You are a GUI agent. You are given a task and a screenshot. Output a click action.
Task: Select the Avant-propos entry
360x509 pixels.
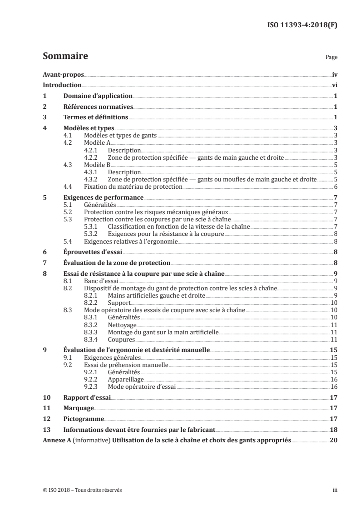point(63,74)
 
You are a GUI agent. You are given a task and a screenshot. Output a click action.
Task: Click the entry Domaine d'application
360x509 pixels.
point(98,96)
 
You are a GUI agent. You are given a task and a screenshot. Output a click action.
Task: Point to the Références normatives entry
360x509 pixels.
point(98,107)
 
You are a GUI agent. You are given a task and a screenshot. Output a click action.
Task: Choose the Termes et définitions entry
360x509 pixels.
point(95,118)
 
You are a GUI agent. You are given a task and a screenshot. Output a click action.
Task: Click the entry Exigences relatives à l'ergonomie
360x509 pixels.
point(131,241)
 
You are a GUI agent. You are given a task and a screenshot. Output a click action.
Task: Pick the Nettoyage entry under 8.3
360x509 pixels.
point(122,325)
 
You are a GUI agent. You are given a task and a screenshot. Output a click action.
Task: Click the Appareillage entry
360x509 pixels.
point(124,379)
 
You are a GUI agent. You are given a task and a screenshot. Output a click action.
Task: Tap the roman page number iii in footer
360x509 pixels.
point(335,490)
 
